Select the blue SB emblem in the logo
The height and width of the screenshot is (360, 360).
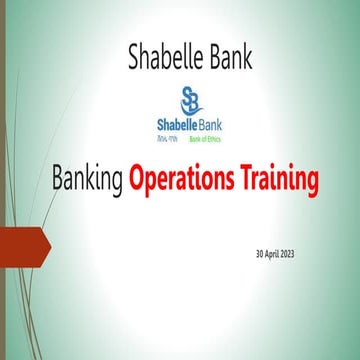191,99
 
